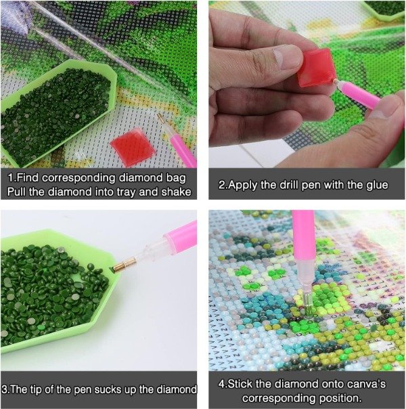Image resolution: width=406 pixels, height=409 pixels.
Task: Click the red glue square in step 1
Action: pyautogui.click(x=133, y=147)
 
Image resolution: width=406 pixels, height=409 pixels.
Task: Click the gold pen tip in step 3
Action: pyautogui.click(x=125, y=265)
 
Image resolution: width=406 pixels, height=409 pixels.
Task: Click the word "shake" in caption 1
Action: pyautogui.click(x=176, y=192)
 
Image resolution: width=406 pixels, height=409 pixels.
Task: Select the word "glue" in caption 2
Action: pyautogui.click(x=377, y=185)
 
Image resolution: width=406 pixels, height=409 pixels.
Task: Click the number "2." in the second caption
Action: pyautogui.click(x=223, y=185)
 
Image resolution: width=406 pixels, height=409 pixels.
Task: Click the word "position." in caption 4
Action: pyautogui.click(x=340, y=398)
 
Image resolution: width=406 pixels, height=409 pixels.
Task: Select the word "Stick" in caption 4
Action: pyautogui.click(x=240, y=384)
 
